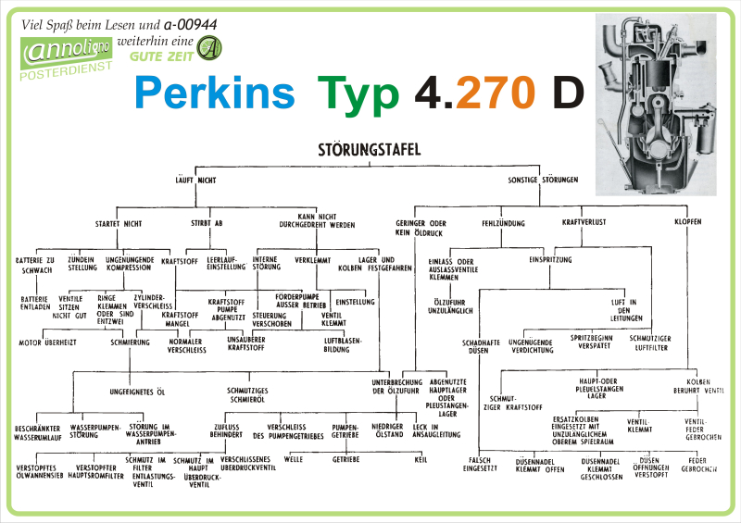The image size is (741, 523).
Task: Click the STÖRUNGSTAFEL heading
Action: click(x=369, y=149)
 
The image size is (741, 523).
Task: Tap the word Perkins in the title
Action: click(x=215, y=93)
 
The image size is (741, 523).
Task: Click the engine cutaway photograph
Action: click(x=654, y=104)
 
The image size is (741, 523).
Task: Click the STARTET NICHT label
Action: click(x=119, y=224)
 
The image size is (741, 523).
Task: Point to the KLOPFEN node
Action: click(x=687, y=224)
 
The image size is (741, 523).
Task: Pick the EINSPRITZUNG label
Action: click(x=550, y=261)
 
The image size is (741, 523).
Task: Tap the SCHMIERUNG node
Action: click(x=130, y=342)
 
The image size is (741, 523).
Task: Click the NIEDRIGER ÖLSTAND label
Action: click(x=387, y=429)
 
